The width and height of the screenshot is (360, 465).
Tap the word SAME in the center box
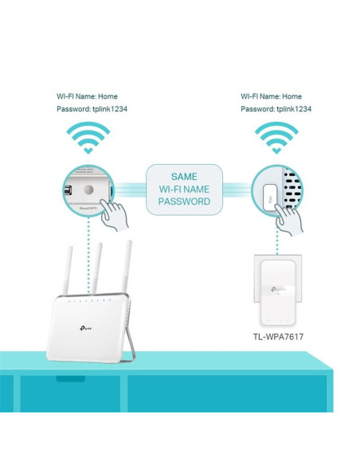point(183,176)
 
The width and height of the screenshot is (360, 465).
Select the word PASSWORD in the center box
point(183,202)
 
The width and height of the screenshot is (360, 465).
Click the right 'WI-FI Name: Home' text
point(272,96)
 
